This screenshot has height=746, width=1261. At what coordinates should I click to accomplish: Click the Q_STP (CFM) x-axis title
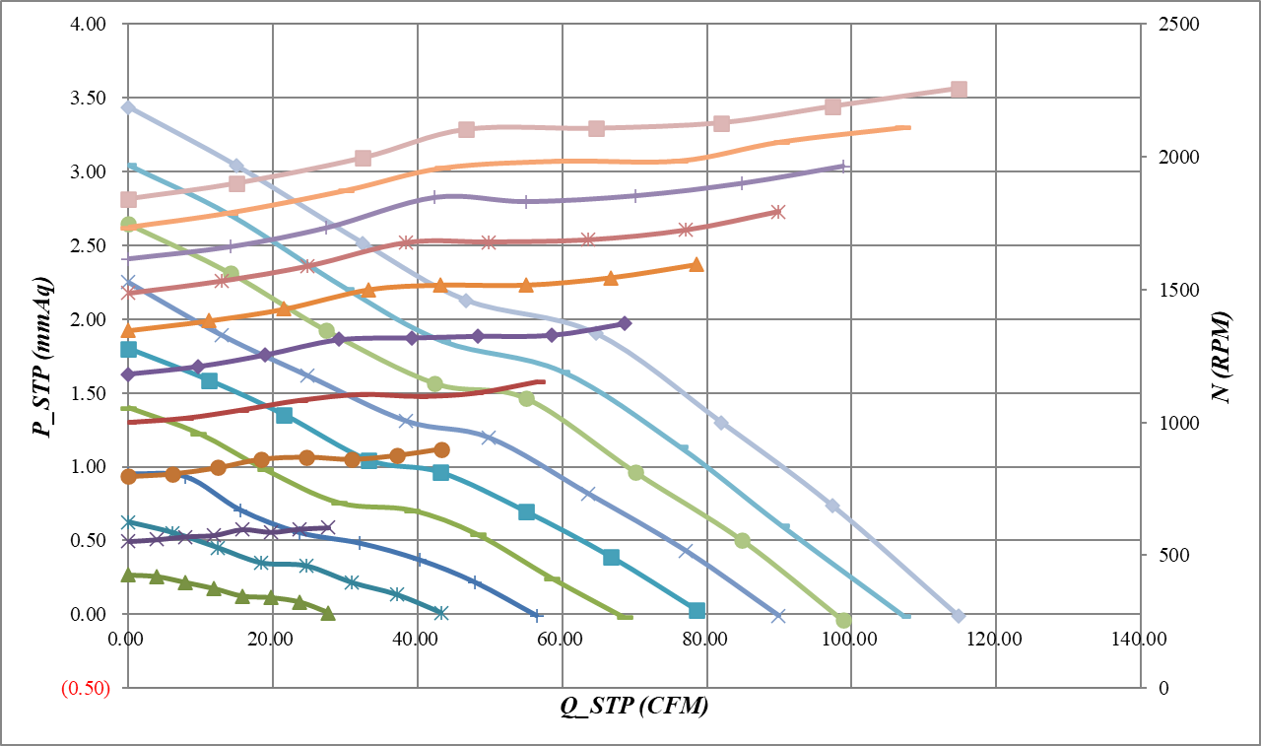[634, 708]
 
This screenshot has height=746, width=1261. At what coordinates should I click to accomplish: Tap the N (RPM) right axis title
[1222, 355]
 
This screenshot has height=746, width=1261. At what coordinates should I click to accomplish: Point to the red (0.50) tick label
[86, 689]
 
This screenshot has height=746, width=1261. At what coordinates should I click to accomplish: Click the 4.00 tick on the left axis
[90, 24]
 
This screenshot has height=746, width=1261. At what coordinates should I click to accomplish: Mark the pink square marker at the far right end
[959, 90]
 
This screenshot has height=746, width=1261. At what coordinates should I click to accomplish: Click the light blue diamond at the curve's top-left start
[128, 107]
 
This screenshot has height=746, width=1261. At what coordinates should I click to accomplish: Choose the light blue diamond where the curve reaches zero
[959, 616]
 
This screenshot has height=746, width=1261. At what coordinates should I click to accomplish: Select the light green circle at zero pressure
[843, 620]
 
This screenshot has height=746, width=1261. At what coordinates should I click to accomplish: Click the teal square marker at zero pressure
[697, 611]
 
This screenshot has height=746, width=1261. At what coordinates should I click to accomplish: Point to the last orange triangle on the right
[697, 264]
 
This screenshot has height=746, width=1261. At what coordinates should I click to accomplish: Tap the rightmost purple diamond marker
[625, 323]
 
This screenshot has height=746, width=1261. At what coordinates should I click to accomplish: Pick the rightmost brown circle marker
[441, 450]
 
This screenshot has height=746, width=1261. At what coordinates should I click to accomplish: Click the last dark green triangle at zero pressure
[328, 613]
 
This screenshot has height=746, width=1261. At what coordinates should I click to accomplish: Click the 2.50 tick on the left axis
[90, 245]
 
